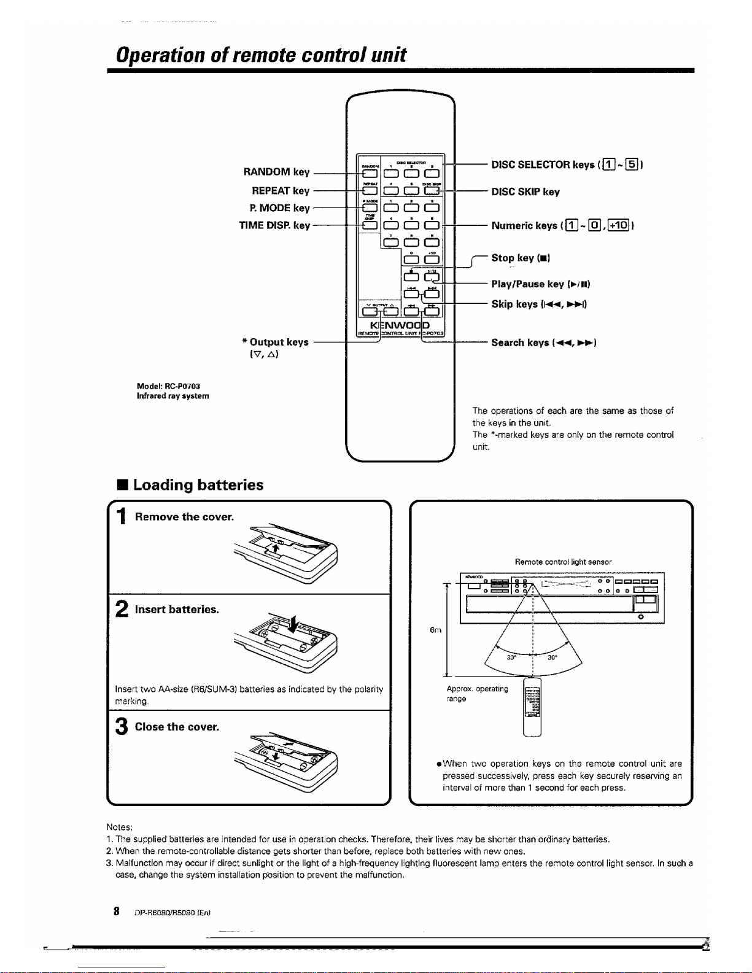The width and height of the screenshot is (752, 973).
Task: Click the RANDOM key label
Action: coord(276,172)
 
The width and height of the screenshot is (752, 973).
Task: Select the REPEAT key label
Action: coord(281,191)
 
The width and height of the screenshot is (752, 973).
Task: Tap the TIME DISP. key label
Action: coord(274,225)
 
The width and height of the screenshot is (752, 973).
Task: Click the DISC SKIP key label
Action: coord(525,192)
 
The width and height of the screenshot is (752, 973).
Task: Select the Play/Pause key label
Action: coord(541,284)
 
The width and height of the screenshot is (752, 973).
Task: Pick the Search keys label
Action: coord(544,343)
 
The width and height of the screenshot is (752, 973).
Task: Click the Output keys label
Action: coord(276,342)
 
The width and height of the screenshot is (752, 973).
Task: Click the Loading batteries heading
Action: coord(198,485)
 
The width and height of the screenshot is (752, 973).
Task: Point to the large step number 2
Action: coord(121,609)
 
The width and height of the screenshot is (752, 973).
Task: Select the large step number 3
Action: coord(121,727)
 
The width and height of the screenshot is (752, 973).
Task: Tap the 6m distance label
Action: coord(435,630)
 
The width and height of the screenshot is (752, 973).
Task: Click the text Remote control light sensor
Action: coord(563,562)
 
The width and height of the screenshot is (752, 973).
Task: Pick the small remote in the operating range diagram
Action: coord(532,706)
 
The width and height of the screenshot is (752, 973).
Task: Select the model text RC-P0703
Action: coord(168,386)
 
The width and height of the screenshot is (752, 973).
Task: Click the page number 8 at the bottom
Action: coord(116,911)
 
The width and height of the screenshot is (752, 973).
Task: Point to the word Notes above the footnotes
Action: coord(120,828)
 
